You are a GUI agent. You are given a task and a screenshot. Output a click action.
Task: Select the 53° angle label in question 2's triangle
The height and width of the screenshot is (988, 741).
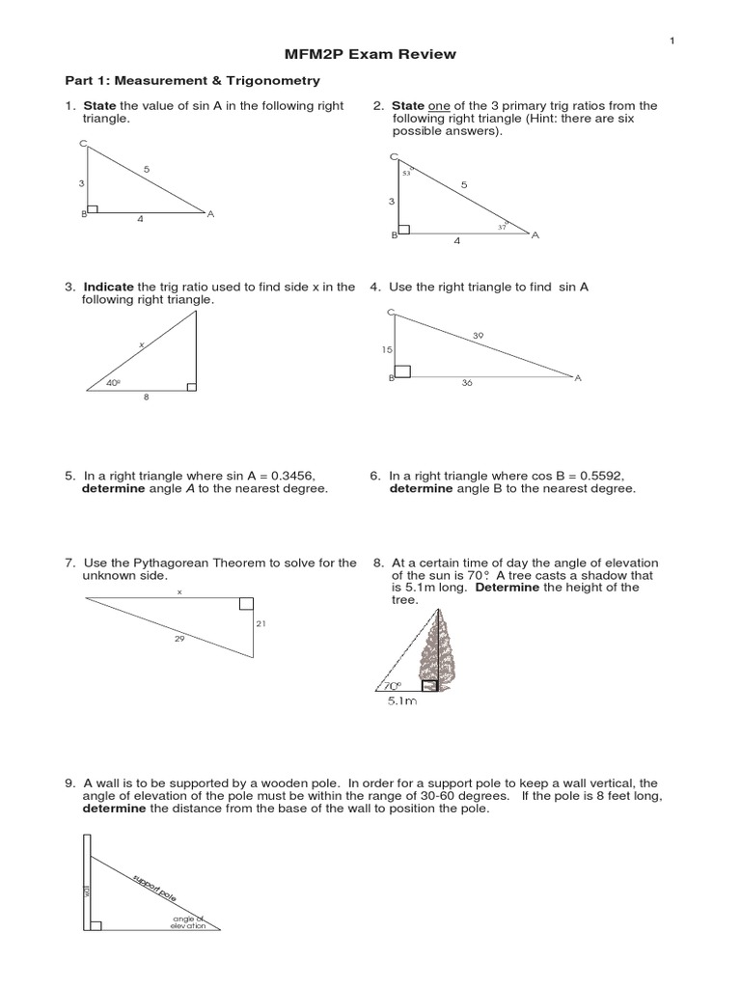pyautogui.click(x=407, y=173)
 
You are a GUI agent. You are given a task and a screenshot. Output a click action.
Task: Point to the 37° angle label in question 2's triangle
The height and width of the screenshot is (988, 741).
pyautogui.click(x=502, y=226)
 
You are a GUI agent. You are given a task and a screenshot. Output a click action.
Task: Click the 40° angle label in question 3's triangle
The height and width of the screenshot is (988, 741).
pyautogui.click(x=114, y=383)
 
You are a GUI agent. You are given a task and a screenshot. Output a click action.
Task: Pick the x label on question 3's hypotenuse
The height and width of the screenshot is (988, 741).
pyautogui.click(x=140, y=343)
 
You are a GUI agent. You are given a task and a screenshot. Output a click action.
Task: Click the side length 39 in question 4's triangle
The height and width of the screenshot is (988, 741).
pyautogui.click(x=479, y=336)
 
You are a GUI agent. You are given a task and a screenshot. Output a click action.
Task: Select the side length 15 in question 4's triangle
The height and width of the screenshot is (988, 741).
pyautogui.click(x=387, y=349)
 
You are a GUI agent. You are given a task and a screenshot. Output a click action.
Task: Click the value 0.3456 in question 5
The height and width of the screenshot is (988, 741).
pyautogui.click(x=287, y=476)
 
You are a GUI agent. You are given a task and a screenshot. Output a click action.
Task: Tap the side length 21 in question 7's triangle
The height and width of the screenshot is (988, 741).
pyautogui.click(x=260, y=624)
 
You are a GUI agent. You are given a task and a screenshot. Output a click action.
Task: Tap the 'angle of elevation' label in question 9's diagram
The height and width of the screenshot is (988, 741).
pyautogui.click(x=188, y=921)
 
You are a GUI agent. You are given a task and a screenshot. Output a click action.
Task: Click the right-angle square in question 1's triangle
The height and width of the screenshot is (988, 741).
pyautogui.click(x=93, y=208)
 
